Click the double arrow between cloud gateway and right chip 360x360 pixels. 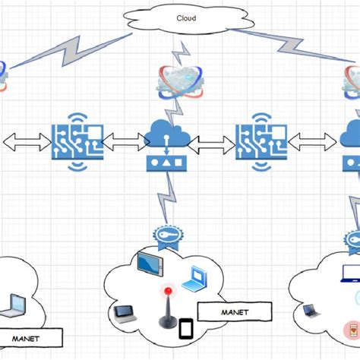click(x=210, y=142)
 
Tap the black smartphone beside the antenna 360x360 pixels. click(x=187, y=329)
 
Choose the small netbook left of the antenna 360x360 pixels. click(x=124, y=313)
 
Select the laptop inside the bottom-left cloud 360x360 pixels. click(x=16, y=305)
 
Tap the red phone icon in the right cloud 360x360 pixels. click(x=351, y=330)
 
